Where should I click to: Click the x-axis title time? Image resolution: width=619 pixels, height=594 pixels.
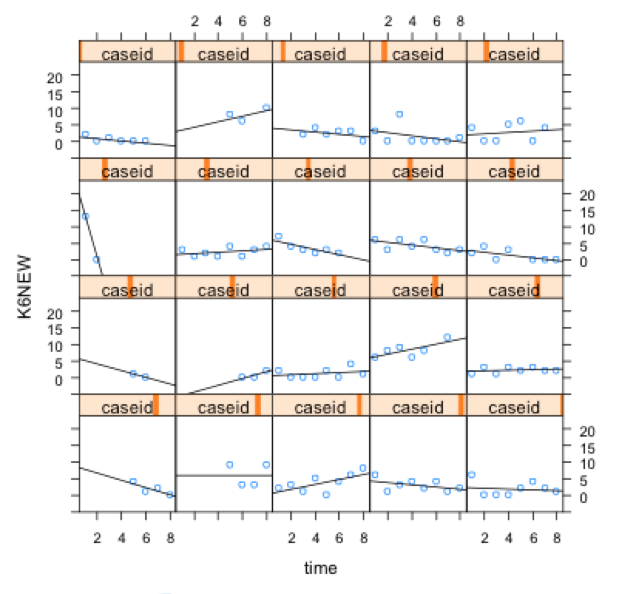point(320,569)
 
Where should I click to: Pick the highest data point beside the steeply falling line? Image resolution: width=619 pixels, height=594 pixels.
point(86,216)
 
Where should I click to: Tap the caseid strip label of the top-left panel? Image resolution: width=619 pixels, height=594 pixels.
point(127,53)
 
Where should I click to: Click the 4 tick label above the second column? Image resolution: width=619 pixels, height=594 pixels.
point(218,22)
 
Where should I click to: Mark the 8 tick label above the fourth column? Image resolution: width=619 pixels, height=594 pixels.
point(460,22)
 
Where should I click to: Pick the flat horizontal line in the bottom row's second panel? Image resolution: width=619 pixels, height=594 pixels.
point(224,475)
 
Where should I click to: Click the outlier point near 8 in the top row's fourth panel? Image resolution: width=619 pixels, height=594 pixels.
point(399,114)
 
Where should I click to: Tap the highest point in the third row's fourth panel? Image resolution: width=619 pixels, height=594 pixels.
point(447,337)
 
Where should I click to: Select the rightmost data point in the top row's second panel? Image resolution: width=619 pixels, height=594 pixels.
point(266,107)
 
